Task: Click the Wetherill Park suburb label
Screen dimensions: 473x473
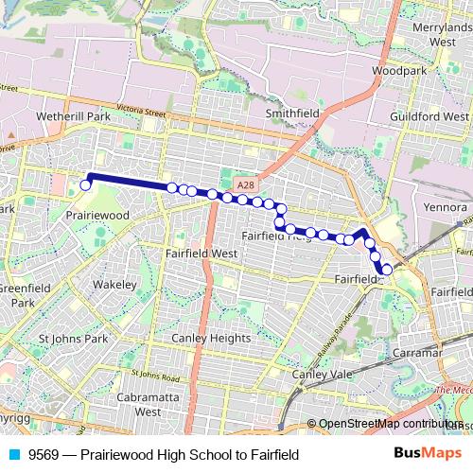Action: [x=73, y=115]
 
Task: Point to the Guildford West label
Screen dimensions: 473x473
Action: [x=429, y=115]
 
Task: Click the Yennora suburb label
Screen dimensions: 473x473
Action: [x=446, y=206]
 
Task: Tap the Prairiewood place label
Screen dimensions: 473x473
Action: [x=98, y=216]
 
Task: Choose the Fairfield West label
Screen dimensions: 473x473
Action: [x=201, y=254]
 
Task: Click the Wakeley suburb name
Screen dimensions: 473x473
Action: [x=115, y=284]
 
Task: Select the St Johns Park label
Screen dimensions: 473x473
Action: [x=73, y=338]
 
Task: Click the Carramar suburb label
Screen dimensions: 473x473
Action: [x=415, y=352]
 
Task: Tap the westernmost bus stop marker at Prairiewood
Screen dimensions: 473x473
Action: [x=85, y=185]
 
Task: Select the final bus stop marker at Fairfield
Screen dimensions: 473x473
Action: [x=387, y=271]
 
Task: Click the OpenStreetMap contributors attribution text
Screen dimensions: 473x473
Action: [x=389, y=424]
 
